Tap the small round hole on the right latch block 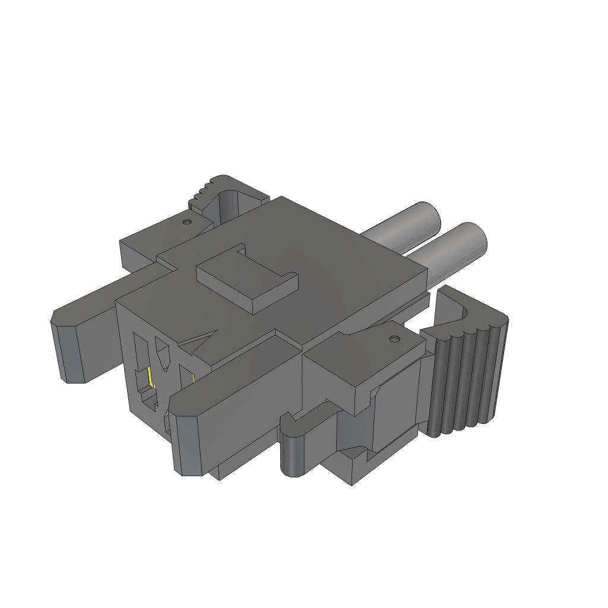click(392, 339)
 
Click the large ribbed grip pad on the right click(466, 380)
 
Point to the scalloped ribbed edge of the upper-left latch click(202, 191)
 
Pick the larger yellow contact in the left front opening click(151, 378)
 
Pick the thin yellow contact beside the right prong click(194, 378)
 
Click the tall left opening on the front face click(140, 356)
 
